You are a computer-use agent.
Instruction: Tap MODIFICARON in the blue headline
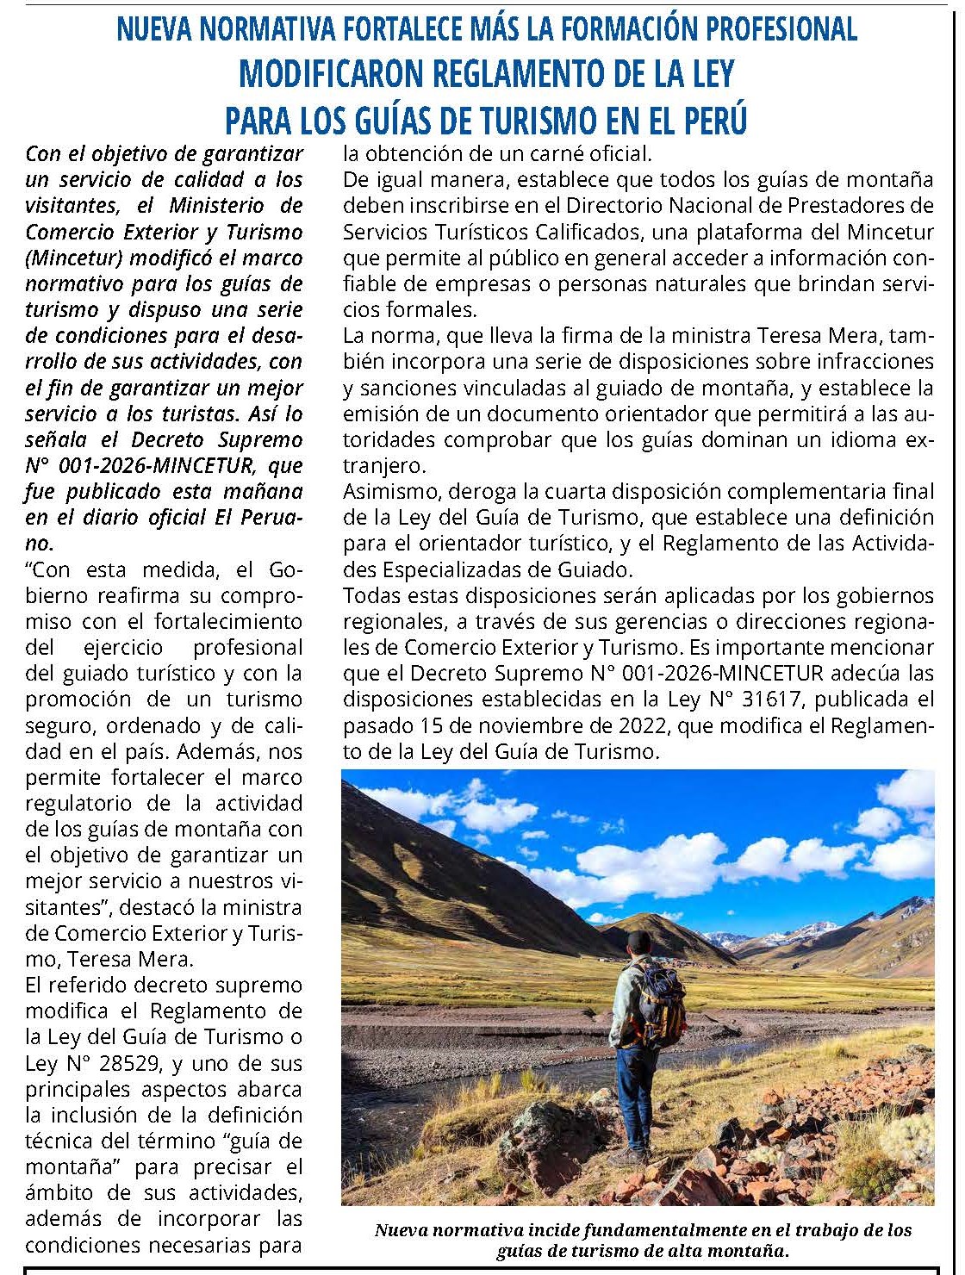coord(331,74)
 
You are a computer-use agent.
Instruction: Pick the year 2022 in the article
coord(638,725)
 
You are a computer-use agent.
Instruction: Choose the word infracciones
coord(871,362)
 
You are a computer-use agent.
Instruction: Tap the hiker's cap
coord(639,942)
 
